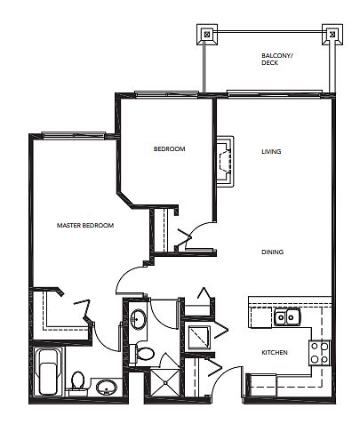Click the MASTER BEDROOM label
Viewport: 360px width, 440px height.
pos(85,226)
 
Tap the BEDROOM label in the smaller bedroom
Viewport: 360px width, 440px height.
pos(169,148)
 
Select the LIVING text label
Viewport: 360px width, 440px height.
pos(271,152)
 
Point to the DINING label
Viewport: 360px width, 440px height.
pos(272,252)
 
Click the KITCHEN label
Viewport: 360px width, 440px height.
pos(275,352)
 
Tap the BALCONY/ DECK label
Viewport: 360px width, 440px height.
pos(277,59)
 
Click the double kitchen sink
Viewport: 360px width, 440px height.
pos(286,317)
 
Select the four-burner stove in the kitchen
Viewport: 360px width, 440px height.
pos(320,353)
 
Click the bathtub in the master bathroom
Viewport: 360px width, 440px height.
pos(49,372)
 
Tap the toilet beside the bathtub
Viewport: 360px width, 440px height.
pos(78,384)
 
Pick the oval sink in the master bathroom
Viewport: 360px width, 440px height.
pos(107,387)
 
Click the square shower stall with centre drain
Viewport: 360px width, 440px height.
pos(165,382)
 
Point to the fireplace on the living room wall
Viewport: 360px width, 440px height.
pos(225,161)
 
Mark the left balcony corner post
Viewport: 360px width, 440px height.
pos(207,35)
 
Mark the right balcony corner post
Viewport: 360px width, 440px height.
pos(332,35)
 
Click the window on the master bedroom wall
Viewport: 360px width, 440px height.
pos(74,135)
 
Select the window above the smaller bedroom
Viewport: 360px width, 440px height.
pos(166,94)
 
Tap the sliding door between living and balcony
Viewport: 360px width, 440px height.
pos(274,93)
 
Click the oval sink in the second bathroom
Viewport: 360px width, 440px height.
pos(138,319)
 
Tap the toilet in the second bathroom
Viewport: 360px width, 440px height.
pos(145,353)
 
